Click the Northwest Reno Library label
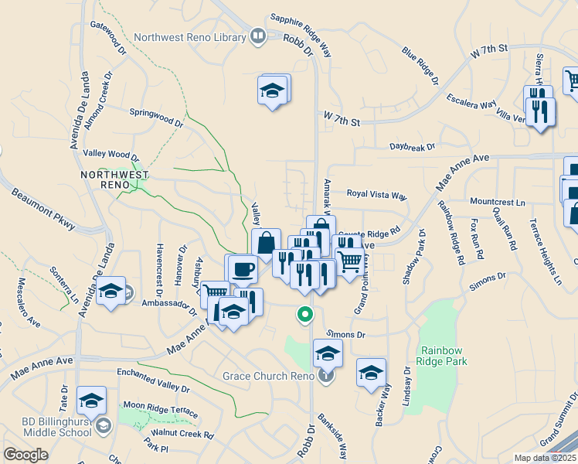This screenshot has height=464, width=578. tap(190, 36)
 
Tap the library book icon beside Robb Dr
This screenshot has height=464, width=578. tap(257, 36)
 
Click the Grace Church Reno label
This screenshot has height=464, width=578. tap(267, 376)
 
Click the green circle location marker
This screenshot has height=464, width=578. tap(305, 315)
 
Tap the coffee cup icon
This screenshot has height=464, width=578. tap(243, 269)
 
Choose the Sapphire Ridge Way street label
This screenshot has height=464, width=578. tap(301, 35)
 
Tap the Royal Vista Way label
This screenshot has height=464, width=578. tap(376, 195)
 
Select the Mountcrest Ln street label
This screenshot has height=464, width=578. tap(497, 202)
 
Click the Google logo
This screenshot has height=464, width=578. tap(26, 454)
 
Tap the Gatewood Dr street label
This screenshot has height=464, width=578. tap(108, 38)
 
